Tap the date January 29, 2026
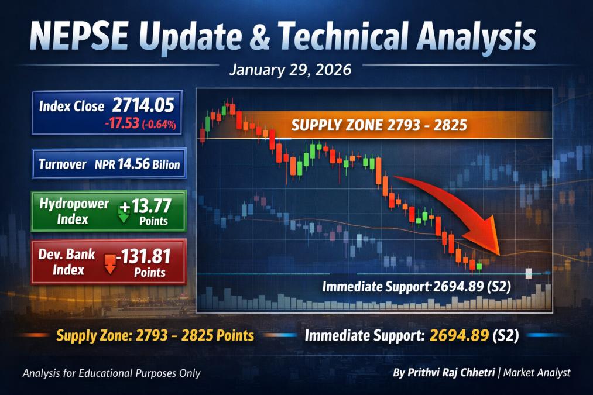(290, 70)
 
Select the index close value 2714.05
(143, 105)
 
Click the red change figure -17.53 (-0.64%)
(140, 123)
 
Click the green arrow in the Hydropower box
(124, 213)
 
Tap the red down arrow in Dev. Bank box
(110, 264)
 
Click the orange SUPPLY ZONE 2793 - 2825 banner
(378, 125)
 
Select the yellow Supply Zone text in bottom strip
(155, 336)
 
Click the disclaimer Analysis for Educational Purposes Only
(111, 373)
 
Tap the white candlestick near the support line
(529, 273)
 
